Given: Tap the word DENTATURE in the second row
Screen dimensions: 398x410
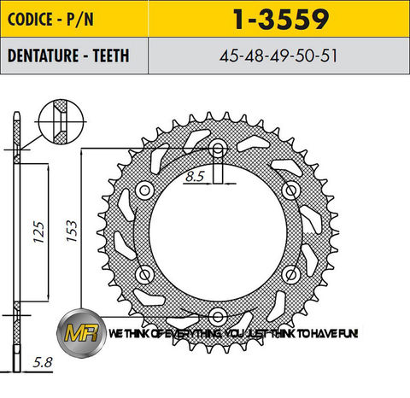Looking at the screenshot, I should pyautogui.click(x=42, y=56).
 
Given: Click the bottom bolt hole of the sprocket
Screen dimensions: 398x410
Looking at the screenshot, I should pyautogui.click(x=218, y=317).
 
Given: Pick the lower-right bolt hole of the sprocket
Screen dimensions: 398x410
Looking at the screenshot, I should pyautogui.click(x=290, y=274).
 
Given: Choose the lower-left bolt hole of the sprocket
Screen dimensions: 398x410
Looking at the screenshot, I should pyautogui.click(x=145, y=274).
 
